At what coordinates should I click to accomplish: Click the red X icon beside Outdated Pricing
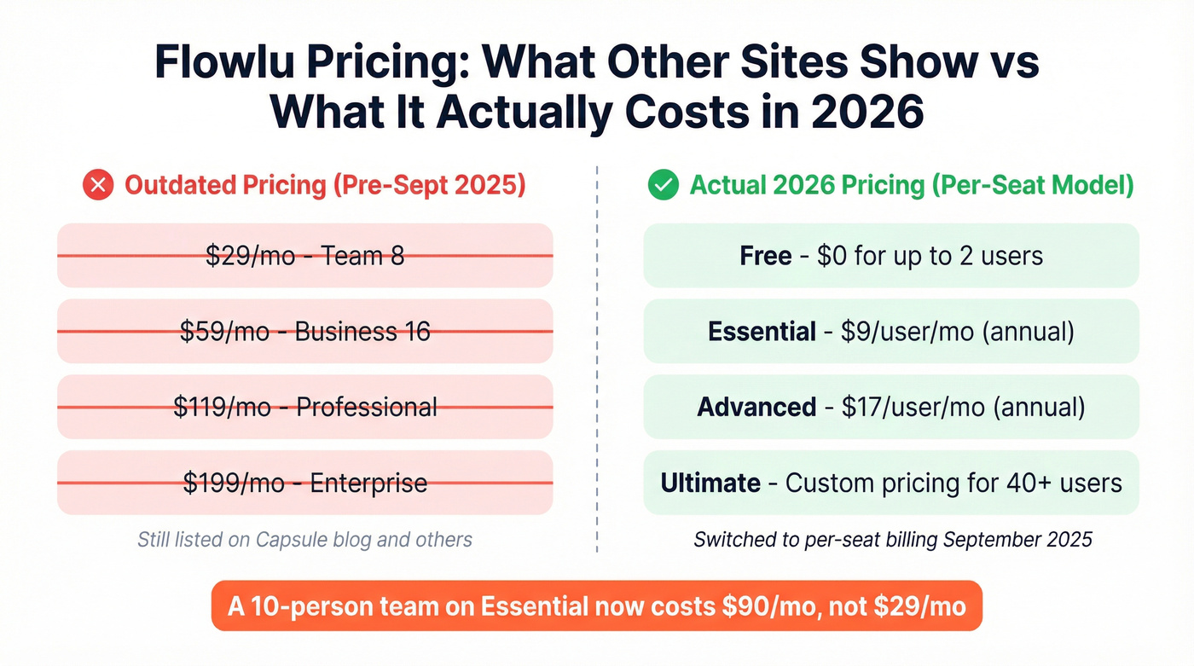[x=98, y=185]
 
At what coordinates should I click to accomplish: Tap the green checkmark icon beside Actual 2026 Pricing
[x=663, y=185]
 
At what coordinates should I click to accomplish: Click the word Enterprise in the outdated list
[x=368, y=483]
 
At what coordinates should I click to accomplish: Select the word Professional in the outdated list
[x=367, y=407]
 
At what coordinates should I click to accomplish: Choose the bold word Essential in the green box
[x=762, y=332]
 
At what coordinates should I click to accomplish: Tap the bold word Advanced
[x=756, y=407]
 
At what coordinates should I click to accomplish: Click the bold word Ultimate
[x=710, y=483]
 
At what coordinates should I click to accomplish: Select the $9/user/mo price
[x=907, y=332]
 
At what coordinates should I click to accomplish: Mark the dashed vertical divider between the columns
[x=597, y=358]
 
